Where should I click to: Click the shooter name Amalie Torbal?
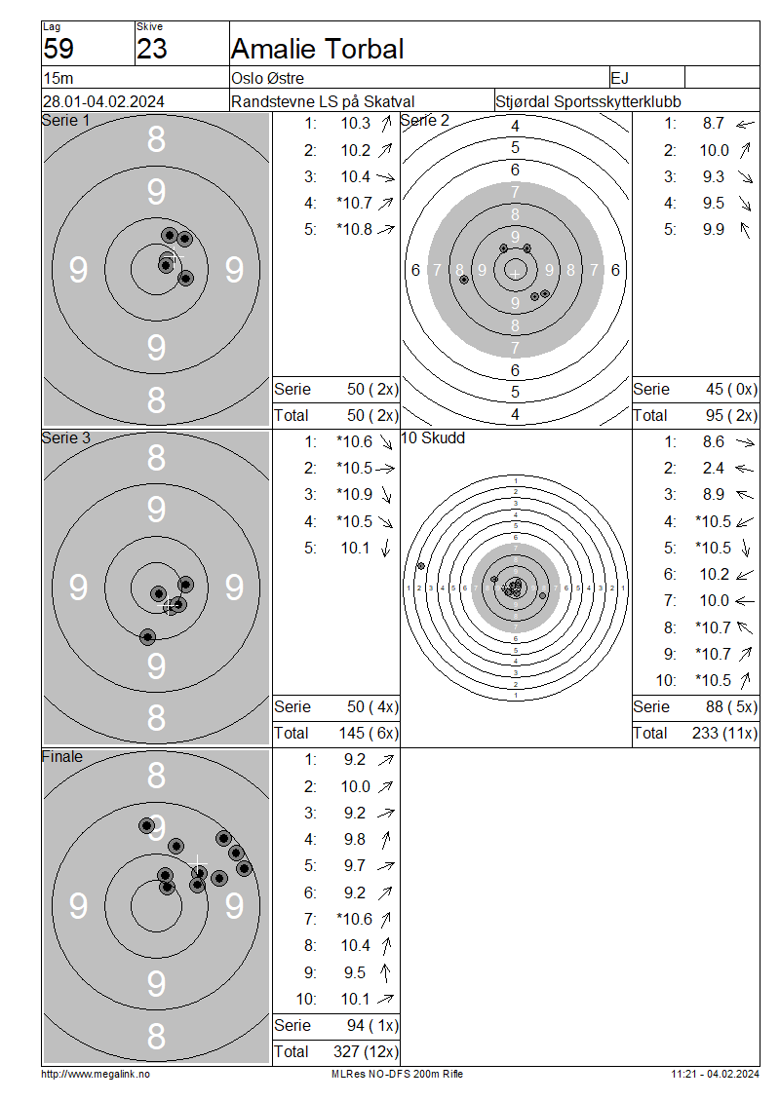tap(317, 49)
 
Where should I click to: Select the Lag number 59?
tap(58, 49)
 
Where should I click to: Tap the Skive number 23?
tap(152, 49)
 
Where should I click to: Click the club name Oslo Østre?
tap(268, 78)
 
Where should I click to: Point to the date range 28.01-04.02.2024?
tap(104, 101)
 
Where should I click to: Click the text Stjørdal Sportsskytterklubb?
tap(588, 101)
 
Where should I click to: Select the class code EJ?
tap(620, 78)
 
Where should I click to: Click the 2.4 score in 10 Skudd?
tap(714, 469)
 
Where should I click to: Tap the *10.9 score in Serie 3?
tap(355, 494)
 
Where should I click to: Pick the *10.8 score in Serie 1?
tap(355, 230)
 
